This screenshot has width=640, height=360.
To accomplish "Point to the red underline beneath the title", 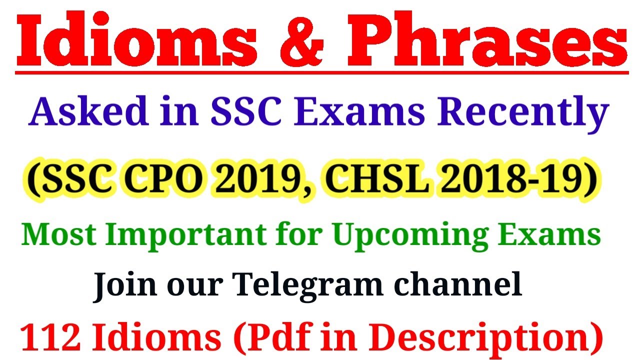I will [320, 72].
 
